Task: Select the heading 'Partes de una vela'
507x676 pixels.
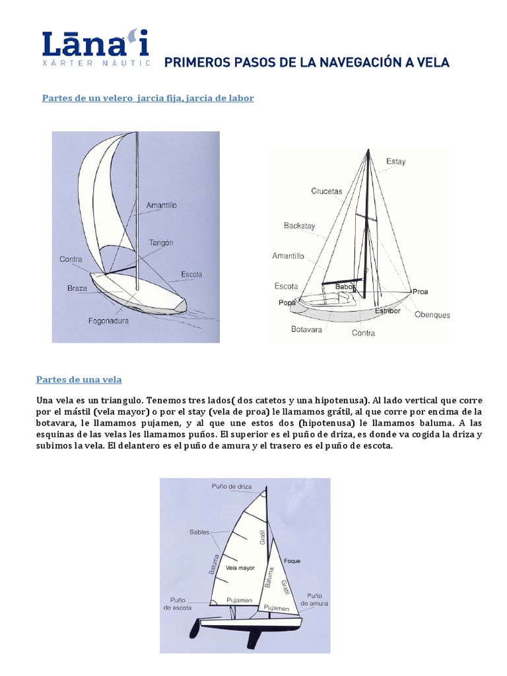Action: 78,380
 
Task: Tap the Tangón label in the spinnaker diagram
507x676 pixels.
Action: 160,242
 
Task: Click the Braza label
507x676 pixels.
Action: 77,288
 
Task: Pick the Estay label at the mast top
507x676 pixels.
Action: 395,161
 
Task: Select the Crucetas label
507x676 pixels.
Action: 327,191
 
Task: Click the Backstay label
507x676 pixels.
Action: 299,226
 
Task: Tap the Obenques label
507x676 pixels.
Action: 432,315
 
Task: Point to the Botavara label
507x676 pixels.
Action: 306,329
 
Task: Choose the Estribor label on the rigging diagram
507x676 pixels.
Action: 388,310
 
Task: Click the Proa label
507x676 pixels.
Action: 420,291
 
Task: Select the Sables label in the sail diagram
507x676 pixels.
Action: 199,531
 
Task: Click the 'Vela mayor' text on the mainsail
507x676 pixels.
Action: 240,568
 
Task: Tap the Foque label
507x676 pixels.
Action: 292,561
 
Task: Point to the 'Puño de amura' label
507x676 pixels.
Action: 314,599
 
